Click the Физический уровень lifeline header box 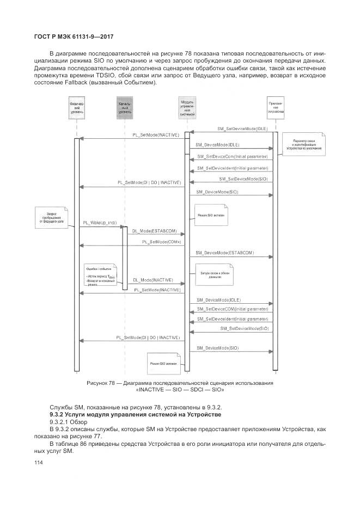(x=76, y=108)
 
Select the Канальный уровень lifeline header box (x=124, y=108)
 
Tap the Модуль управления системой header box (x=187, y=108)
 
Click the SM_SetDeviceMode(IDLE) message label (x=242, y=128)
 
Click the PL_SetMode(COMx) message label (x=161, y=241)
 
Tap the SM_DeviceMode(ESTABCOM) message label (x=224, y=254)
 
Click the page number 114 (x=38, y=463)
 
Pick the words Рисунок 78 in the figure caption (x=100, y=383)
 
